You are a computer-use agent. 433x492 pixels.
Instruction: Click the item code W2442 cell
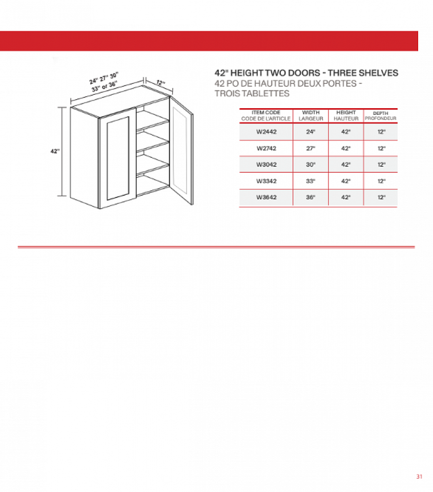coord(266,132)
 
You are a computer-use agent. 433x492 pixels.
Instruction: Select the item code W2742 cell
coord(266,148)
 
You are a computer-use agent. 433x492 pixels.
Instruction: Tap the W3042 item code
coord(266,165)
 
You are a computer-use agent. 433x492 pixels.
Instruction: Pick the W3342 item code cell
coord(266,181)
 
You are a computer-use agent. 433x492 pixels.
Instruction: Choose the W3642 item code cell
coord(266,197)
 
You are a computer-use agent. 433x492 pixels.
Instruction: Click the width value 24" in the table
coord(311,132)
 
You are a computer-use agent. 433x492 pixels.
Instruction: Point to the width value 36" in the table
coord(311,197)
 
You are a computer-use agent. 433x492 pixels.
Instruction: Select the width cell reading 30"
coord(311,165)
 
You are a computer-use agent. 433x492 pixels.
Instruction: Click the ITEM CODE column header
coord(266,115)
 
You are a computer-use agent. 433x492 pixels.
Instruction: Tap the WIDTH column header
coord(311,115)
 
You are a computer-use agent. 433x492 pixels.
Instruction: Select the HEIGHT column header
coord(346,115)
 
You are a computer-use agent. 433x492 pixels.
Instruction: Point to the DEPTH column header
coord(380,116)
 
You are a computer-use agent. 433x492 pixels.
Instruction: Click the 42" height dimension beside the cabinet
coord(55,151)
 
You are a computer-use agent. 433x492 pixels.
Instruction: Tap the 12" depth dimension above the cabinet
coord(160,83)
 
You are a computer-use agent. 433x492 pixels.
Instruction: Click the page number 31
coord(419,477)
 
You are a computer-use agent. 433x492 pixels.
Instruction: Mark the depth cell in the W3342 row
coord(381,181)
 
